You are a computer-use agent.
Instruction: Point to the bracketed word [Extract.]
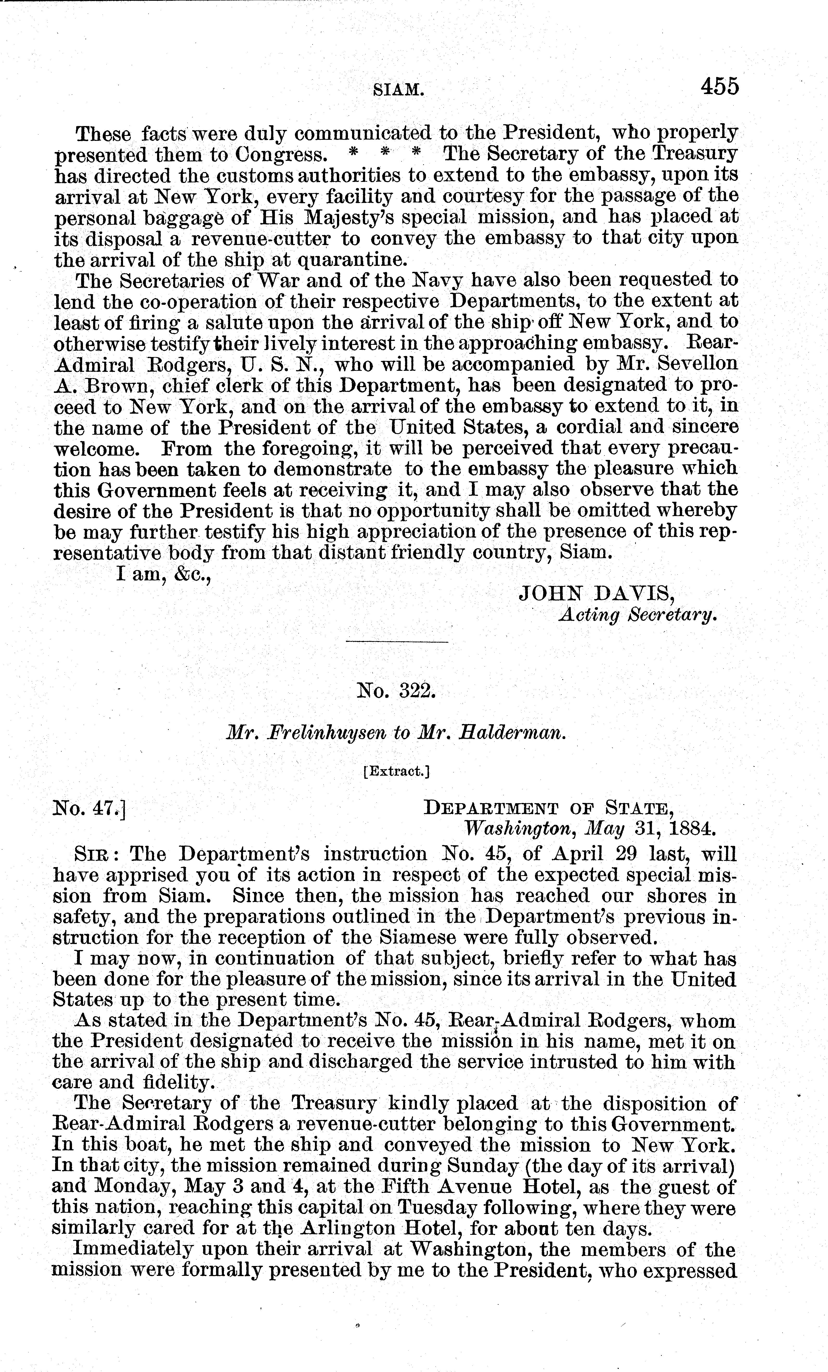(x=396, y=771)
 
